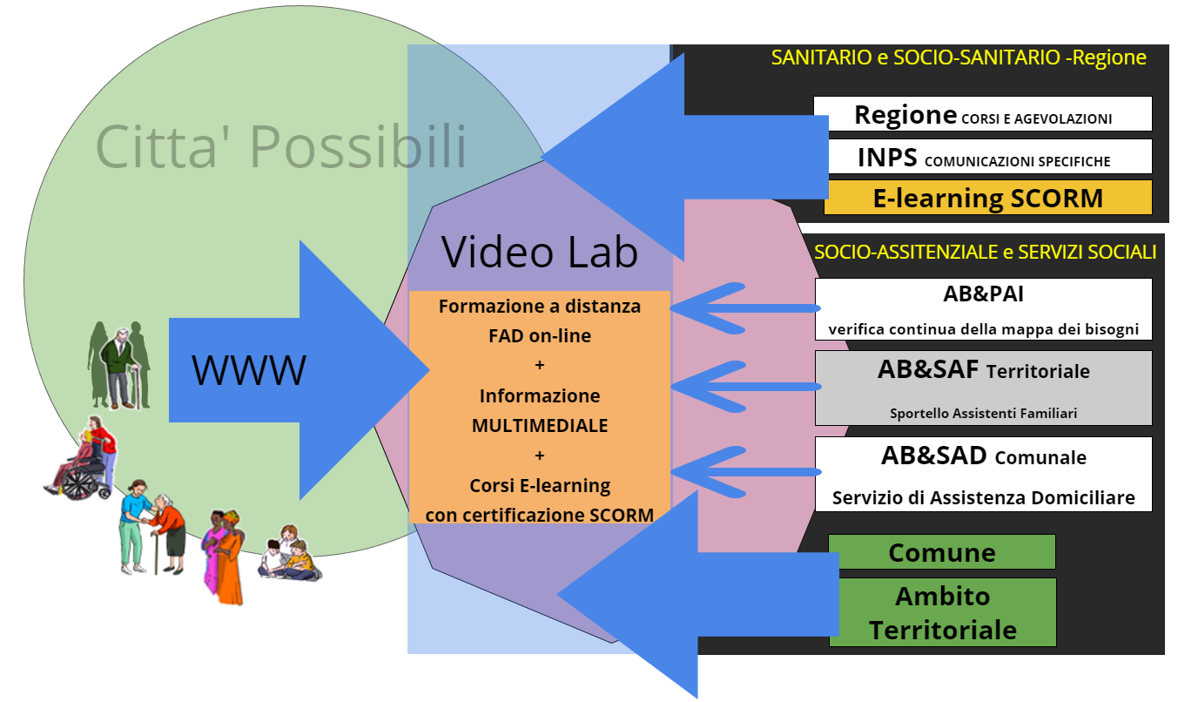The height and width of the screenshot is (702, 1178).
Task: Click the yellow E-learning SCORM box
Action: pyautogui.click(x=987, y=198)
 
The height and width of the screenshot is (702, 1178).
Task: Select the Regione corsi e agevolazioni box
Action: pyautogui.click(x=982, y=114)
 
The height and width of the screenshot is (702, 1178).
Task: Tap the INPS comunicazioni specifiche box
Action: pyautogui.click(x=982, y=157)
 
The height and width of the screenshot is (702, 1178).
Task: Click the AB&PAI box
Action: pyautogui.click(x=983, y=309)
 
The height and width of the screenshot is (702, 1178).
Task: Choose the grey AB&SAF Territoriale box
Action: pyautogui.click(x=983, y=388)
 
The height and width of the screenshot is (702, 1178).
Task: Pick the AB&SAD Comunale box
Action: pyautogui.click(x=983, y=474)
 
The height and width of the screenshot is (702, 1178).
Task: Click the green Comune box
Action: pyautogui.click(x=941, y=552)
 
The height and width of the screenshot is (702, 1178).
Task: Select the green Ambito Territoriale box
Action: pyautogui.click(x=942, y=612)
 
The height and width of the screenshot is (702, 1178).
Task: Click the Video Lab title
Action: pyautogui.click(x=540, y=252)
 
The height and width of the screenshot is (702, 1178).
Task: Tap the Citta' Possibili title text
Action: pyautogui.click(x=280, y=146)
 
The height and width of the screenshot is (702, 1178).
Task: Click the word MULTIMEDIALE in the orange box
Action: pyautogui.click(x=540, y=426)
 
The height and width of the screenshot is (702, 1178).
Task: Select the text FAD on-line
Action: pyautogui.click(x=540, y=336)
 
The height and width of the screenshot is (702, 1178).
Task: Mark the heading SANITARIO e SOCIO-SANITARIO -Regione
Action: pyautogui.click(x=959, y=58)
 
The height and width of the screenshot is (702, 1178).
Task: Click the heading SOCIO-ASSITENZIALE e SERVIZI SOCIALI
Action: pyautogui.click(x=985, y=252)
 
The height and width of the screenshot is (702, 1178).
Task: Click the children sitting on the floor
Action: pyautogui.click(x=290, y=554)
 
